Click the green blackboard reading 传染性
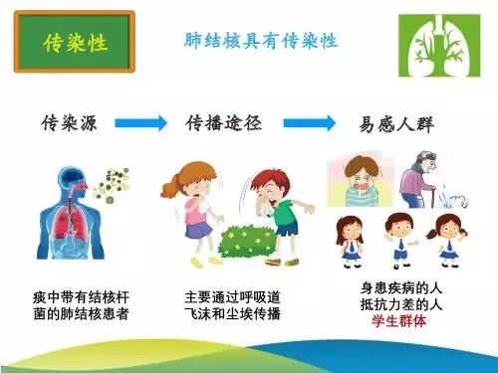pos(76,43)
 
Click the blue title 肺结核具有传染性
pos(262,41)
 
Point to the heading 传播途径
pos(223,124)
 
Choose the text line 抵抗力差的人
pos(398,305)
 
